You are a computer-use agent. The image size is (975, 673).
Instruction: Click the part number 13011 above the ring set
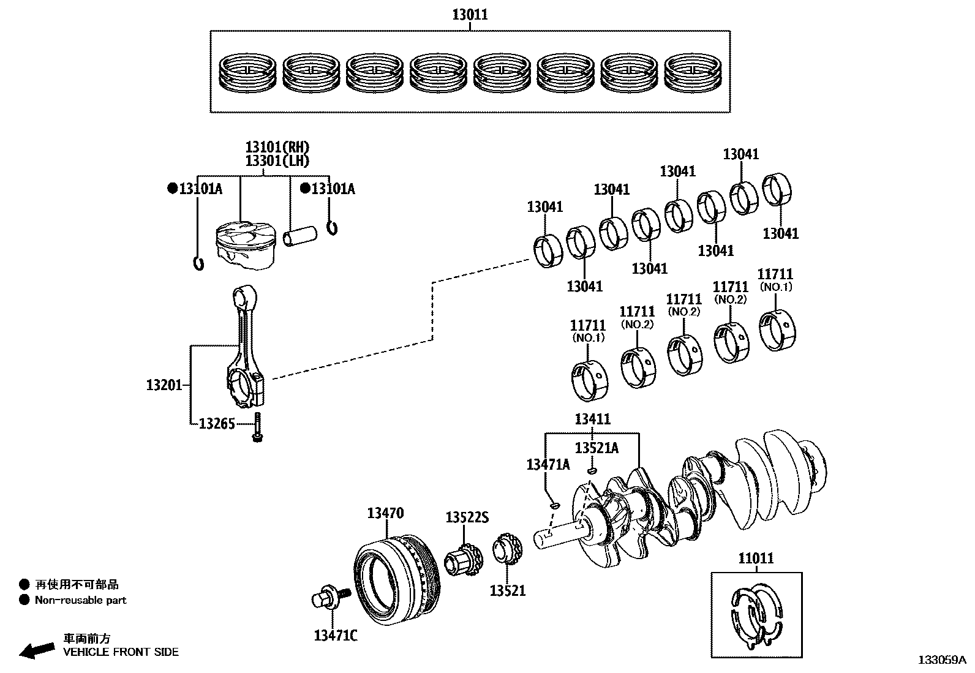(470, 14)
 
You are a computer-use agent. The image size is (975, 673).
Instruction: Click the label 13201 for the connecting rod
(164, 385)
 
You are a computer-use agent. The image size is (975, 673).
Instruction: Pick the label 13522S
(467, 517)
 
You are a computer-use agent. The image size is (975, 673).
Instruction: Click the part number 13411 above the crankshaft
(592, 419)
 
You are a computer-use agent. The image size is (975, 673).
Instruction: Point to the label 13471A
(548, 464)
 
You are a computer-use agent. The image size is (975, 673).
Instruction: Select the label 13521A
(597, 448)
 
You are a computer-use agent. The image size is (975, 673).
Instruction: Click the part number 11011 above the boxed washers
(755, 558)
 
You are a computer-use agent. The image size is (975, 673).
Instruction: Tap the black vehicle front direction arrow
(37, 650)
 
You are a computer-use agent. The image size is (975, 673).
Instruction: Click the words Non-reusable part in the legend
(80, 600)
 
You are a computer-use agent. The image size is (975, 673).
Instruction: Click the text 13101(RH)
(277, 147)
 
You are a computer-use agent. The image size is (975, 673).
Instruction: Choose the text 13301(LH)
(277, 161)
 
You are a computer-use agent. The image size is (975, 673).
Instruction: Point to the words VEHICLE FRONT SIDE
(121, 652)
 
